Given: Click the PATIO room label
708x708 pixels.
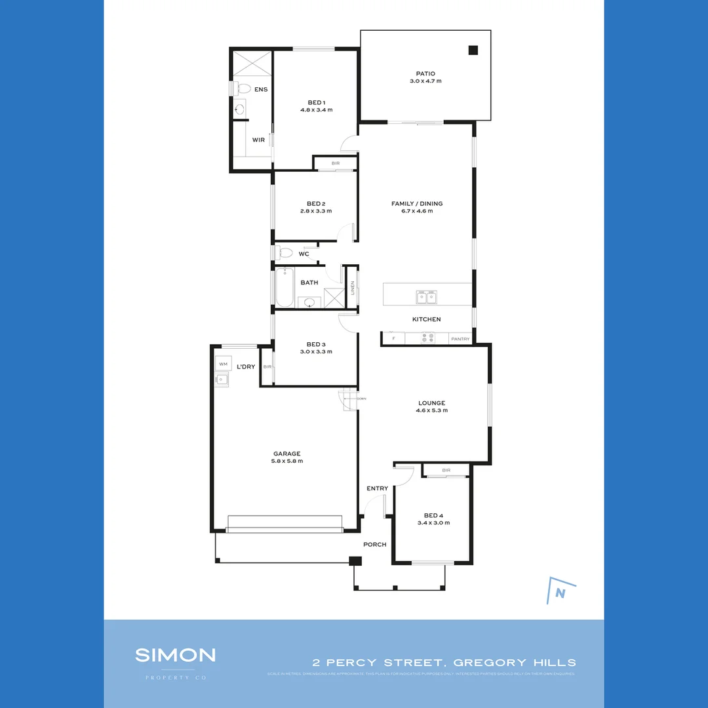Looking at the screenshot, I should tap(425, 74).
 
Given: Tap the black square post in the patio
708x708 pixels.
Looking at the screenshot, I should tap(473, 50).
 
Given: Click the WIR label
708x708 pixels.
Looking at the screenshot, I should tap(258, 140).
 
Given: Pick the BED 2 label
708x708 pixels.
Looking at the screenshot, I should tap(316, 204).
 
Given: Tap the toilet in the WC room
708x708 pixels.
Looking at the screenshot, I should tap(285, 252).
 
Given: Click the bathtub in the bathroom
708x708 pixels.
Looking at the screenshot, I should tap(284, 288).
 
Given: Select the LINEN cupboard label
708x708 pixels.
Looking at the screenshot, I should tap(352, 288).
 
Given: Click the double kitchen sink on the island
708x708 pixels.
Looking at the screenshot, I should tap(426, 297).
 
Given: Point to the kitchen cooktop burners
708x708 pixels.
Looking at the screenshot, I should tap(427, 338).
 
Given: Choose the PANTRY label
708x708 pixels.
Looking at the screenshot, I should tap(460, 339).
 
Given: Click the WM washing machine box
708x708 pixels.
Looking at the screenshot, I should tap(223, 364).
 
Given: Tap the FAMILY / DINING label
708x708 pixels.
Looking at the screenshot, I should tap(417, 204).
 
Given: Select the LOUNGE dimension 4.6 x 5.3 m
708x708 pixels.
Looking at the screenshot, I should tap(431, 410).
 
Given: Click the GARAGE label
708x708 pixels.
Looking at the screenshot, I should tap(287, 454).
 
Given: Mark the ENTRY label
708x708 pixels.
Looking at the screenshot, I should tap(377, 488).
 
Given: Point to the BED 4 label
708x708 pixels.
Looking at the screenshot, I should tap(434, 515).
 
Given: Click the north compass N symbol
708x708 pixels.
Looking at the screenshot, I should tap(560, 593).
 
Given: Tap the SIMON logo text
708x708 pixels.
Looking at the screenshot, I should tap(175, 654).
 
